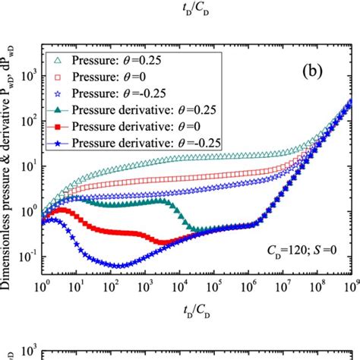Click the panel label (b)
coord(309,74)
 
